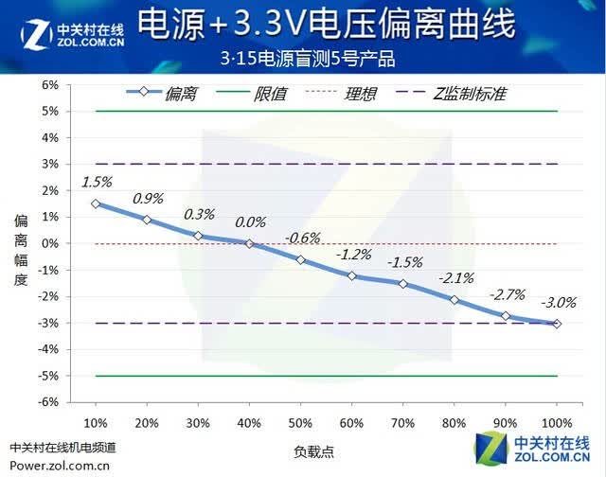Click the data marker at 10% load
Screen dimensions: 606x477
(96, 203)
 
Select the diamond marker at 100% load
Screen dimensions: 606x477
(557, 324)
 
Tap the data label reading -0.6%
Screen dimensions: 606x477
(303, 238)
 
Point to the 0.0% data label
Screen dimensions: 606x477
(250, 222)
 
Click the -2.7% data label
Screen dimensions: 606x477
(508, 295)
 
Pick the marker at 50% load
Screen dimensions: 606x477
(301, 260)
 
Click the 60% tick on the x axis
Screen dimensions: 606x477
(351, 423)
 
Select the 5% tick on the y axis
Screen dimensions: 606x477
(50, 112)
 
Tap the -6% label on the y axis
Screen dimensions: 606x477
(48, 402)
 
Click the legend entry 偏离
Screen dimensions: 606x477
(162, 93)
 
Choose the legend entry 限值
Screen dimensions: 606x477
(251, 94)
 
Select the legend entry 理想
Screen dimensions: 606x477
(341, 94)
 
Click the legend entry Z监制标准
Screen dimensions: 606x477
(452, 94)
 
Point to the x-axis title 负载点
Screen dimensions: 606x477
(313, 451)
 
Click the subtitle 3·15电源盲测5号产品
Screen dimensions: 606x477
(308, 59)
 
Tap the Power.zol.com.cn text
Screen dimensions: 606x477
(60, 466)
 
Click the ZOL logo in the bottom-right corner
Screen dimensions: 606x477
(532, 448)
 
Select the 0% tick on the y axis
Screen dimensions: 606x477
(50, 243)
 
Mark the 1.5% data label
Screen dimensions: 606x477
(97, 182)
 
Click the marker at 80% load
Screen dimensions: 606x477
(454, 300)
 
